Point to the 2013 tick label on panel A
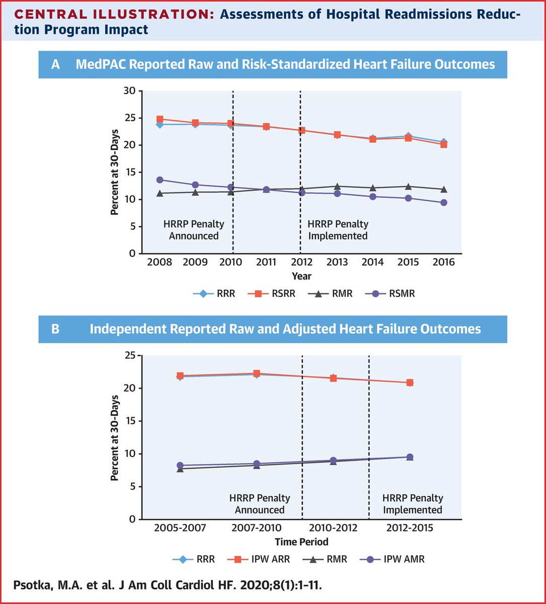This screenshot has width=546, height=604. click(x=337, y=263)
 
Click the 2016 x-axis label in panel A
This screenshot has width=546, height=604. click(x=443, y=263)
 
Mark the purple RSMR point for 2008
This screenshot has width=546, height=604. click(x=160, y=180)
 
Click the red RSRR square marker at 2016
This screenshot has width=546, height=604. click(x=443, y=144)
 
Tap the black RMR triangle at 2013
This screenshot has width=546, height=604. click(x=337, y=187)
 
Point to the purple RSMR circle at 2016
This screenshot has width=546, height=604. click(x=443, y=202)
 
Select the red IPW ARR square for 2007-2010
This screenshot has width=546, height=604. click(x=257, y=373)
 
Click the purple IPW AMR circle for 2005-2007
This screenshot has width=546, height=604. click(x=181, y=466)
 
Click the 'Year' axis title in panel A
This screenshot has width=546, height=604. click(x=301, y=276)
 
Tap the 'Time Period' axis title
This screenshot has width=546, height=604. click(x=301, y=542)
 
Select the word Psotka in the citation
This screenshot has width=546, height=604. click(x=31, y=587)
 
